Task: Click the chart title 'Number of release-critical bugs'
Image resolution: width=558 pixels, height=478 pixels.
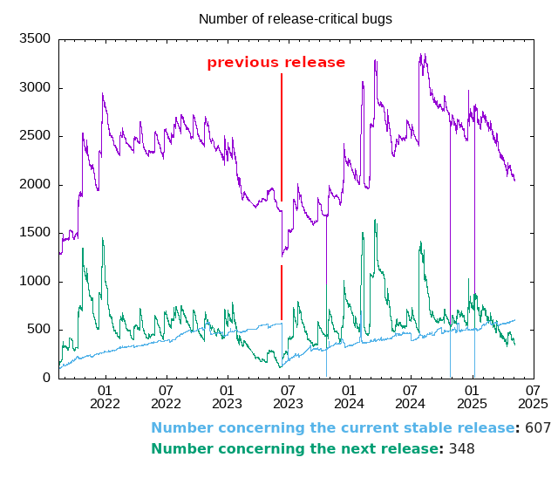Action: (296, 18)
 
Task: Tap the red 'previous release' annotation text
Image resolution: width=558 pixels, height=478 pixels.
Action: (276, 63)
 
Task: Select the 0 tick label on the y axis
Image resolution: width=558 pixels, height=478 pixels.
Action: (47, 378)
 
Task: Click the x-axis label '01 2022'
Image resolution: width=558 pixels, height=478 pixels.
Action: (105, 397)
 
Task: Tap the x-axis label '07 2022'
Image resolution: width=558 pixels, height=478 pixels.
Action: (166, 397)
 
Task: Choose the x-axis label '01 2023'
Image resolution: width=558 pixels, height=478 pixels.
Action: (227, 397)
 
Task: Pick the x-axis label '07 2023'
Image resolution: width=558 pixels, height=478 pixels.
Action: (288, 397)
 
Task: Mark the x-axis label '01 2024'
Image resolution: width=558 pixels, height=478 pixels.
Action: (349, 397)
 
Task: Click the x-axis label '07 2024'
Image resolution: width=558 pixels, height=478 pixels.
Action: (410, 397)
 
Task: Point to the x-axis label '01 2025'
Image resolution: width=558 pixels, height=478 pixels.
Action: (472, 397)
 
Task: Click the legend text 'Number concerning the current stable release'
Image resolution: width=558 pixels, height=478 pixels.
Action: (333, 428)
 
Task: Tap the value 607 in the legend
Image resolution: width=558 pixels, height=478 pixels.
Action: (537, 428)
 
